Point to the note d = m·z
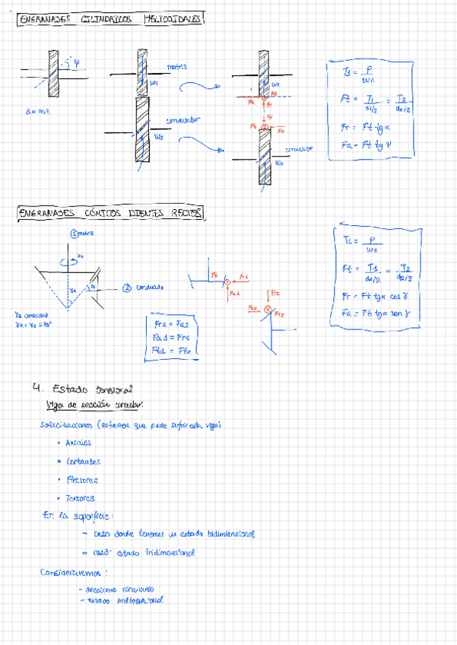tap(37, 112)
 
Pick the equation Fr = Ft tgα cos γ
tap(376, 297)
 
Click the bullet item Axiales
tap(78, 442)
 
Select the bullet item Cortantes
tap(83, 461)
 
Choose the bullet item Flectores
tap(82, 480)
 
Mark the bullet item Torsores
tap(81, 499)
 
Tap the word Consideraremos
tap(74, 571)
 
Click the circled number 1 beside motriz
tap(75, 234)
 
